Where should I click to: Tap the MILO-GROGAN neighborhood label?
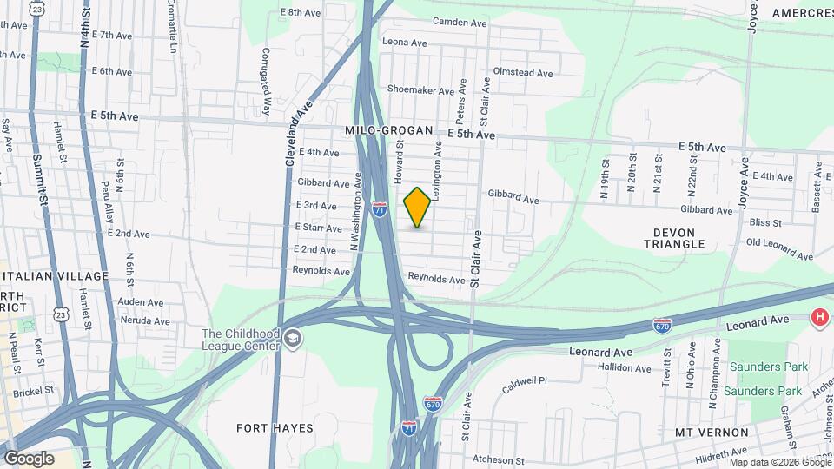tap(388, 130)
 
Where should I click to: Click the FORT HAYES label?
tap(275, 428)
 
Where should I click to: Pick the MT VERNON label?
tap(712, 432)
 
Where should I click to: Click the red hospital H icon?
tap(818, 318)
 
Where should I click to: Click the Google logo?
tap(29, 459)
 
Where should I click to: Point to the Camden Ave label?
tap(451, 21)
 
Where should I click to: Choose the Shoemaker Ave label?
tap(421, 90)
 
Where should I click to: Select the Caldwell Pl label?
tap(524, 380)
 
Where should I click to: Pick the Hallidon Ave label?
tap(618, 368)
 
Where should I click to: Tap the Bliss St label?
tap(764, 223)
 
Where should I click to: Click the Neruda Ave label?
tap(147, 320)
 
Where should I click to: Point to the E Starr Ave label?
tap(319, 228)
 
